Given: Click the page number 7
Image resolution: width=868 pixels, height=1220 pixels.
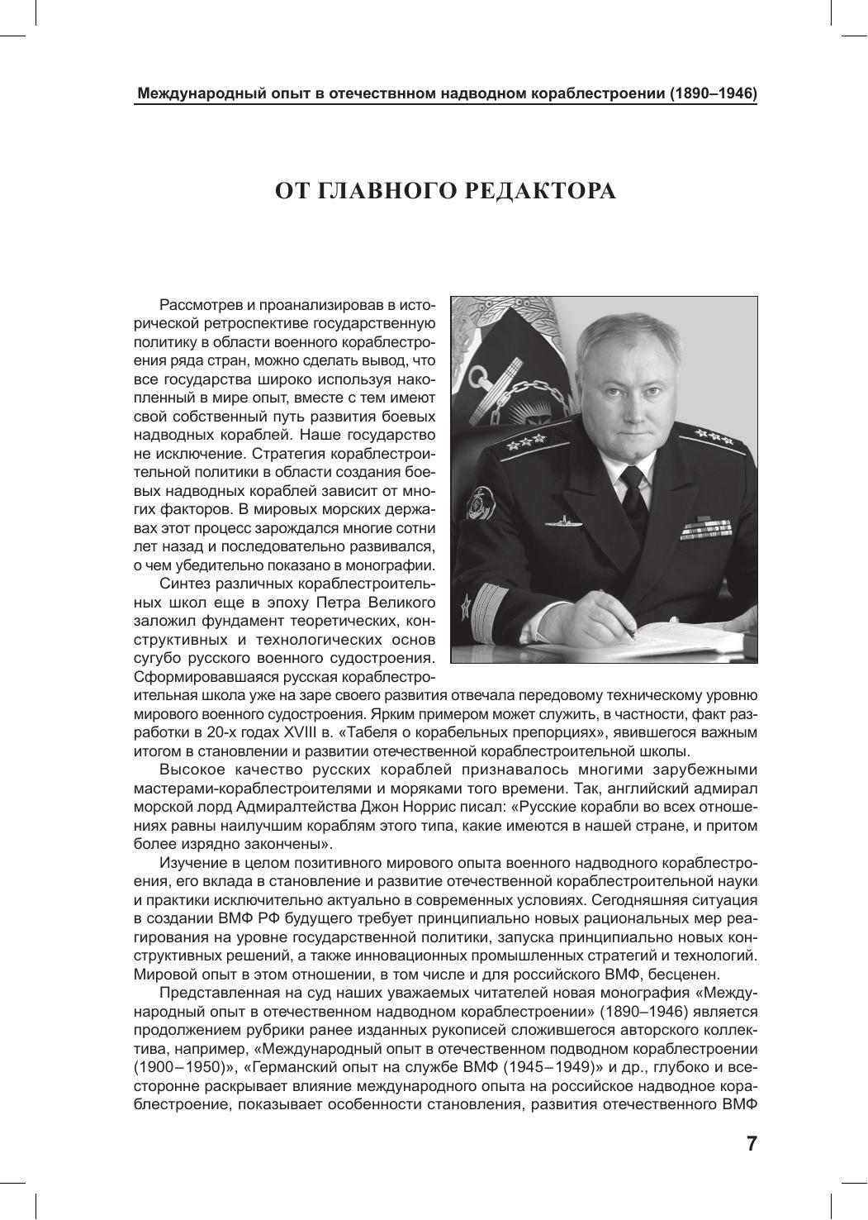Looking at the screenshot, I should (x=751, y=1144).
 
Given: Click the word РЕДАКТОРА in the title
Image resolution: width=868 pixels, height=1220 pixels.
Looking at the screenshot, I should (x=538, y=192).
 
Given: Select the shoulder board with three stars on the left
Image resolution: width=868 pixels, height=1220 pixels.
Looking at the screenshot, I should (x=522, y=442).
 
